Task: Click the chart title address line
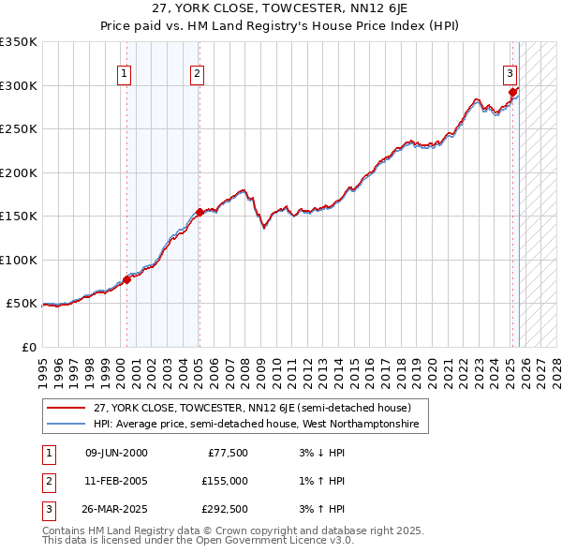pyautogui.click(x=280, y=10)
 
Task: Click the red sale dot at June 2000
pyautogui.click(x=126, y=279)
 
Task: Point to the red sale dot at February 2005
pyautogui.click(x=200, y=212)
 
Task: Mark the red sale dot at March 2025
pyautogui.click(x=513, y=92)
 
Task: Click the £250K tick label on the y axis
pyautogui.click(x=19, y=129)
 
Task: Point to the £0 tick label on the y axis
pyautogui.click(x=28, y=348)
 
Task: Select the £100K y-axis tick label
pyautogui.click(x=19, y=261)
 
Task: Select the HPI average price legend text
pyautogui.click(x=260, y=425)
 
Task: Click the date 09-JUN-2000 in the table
pyautogui.click(x=116, y=454)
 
